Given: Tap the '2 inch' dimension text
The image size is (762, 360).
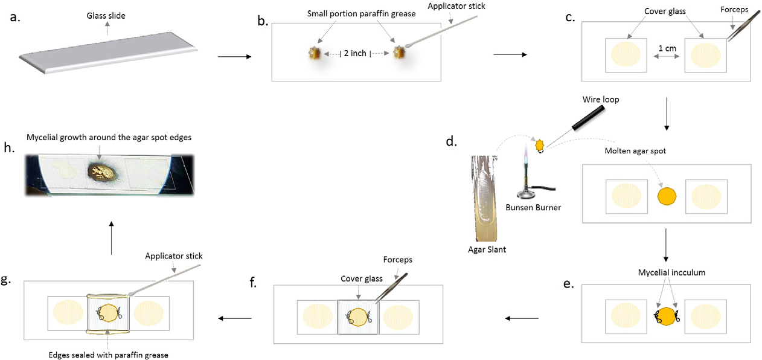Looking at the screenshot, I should tap(354, 53).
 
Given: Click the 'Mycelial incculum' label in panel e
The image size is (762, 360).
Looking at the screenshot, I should tap(671, 273).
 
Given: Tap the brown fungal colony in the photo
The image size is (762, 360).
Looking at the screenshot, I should tap(101, 173).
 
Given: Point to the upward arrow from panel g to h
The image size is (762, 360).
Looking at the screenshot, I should tap(110, 237).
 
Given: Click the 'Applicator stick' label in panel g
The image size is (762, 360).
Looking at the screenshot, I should tap(174, 256).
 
